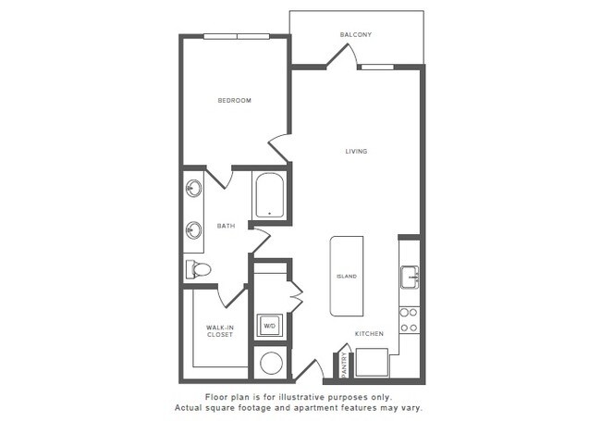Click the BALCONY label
click(x=356, y=34)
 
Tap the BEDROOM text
click(x=234, y=100)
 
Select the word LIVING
click(x=356, y=152)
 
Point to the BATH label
click(x=226, y=225)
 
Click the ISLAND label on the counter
click(x=347, y=276)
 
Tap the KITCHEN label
click(x=369, y=333)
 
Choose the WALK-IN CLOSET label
click(x=219, y=330)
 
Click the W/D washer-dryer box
click(x=270, y=326)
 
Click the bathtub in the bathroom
click(x=269, y=195)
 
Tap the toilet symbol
click(x=199, y=269)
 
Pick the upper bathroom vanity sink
click(x=194, y=189)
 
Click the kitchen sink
click(x=410, y=276)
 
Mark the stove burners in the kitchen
click(x=409, y=319)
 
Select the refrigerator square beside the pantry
click(x=372, y=362)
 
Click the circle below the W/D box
click(x=271, y=363)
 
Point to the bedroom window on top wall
click(x=236, y=37)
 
